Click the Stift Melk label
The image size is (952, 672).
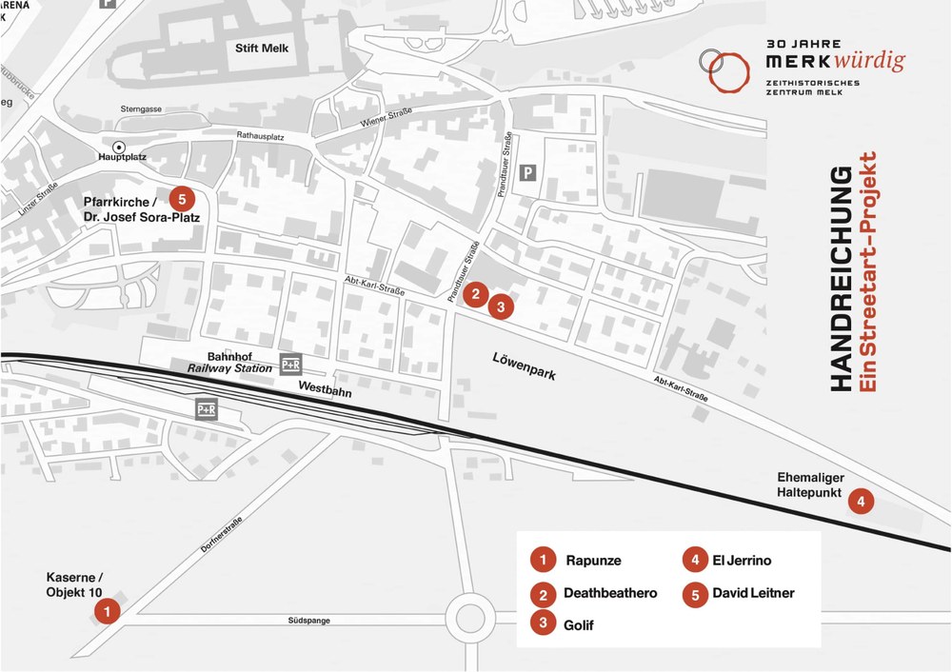[261, 49]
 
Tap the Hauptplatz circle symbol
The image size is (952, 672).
[119, 147]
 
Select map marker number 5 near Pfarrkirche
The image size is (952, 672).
[184, 199]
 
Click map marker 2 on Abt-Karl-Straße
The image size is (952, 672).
[478, 294]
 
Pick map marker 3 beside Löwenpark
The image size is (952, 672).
[501, 307]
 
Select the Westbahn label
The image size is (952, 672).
[326, 388]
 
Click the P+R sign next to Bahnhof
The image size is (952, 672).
[290, 365]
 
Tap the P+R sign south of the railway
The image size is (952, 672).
[206, 410]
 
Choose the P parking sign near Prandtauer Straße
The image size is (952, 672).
[529, 173]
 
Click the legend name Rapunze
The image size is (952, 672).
[592, 561]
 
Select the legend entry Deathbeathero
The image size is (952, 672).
[610, 593]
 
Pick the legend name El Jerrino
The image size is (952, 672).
[742, 561]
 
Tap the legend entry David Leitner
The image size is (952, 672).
[753, 593]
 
